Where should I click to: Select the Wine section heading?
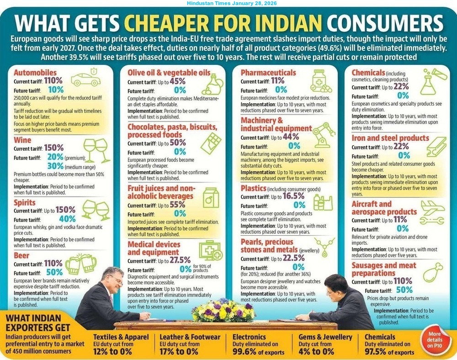pyautogui.click(x=22, y=140)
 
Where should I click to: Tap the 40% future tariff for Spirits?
pyautogui.click(x=67, y=219)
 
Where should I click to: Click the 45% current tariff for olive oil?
pyautogui.click(x=177, y=81)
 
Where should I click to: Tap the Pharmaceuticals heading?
pyautogui.click(x=268, y=73)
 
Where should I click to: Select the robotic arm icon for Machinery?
pyautogui.click(x=324, y=132)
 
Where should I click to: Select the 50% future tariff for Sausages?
pyautogui.click(x=404, y=290)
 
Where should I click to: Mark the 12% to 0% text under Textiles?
pyautogui.click(x=112, y=351)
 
